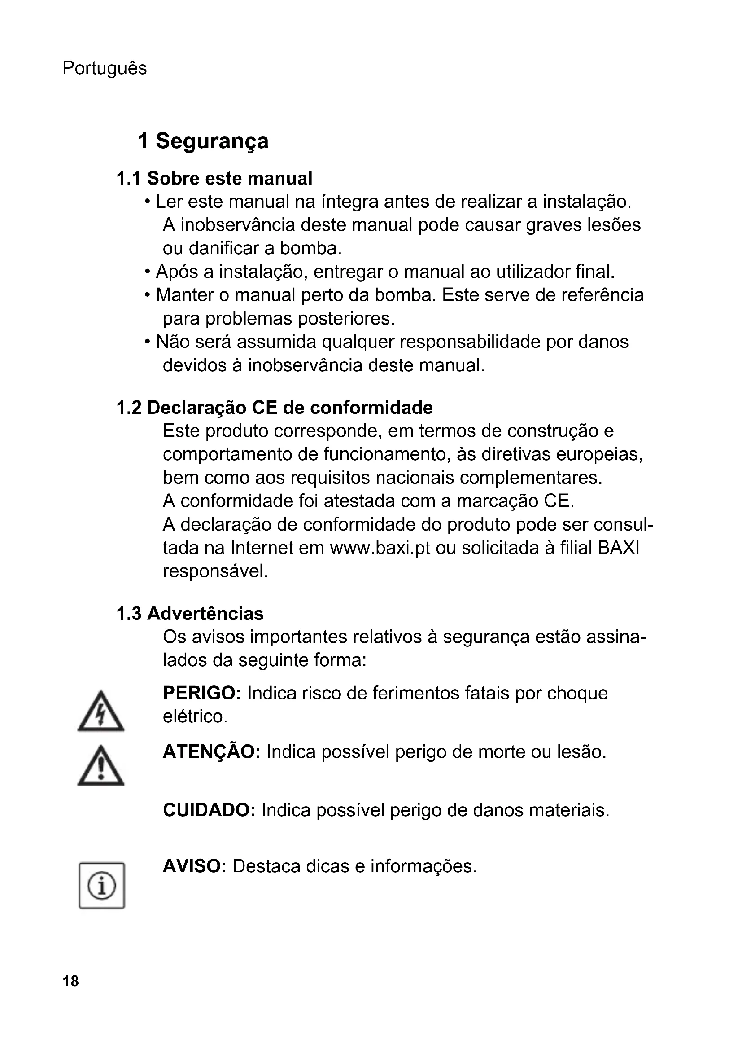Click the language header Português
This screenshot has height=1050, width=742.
pos(105,69)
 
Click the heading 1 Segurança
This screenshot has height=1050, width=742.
pos(203,141)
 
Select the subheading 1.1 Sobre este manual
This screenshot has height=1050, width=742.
pos(214,178)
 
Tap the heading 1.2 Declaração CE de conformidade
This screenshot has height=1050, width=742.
pos(275,408)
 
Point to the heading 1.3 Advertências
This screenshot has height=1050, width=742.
pos(190,614)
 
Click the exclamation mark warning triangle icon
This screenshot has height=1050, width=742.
pos(101,767)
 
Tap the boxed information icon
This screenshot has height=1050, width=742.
pos(102,886)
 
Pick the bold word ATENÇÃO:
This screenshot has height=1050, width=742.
pos(212,752)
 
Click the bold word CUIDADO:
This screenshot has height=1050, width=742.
pos(209,810)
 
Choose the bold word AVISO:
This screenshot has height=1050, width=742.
pos(195,866)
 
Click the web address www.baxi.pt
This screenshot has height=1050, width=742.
pos(380,548)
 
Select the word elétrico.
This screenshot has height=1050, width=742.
pos(195,716)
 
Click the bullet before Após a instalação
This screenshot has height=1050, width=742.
pos(148,272)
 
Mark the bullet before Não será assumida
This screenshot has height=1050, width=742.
pos(148,343)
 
